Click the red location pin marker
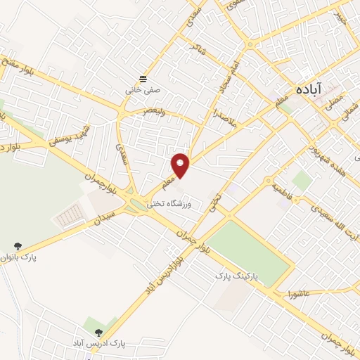[x=181, y=165]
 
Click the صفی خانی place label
[x=143, y=90]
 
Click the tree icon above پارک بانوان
[x=18, y=246]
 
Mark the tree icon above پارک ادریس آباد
[x=98, y=331]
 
